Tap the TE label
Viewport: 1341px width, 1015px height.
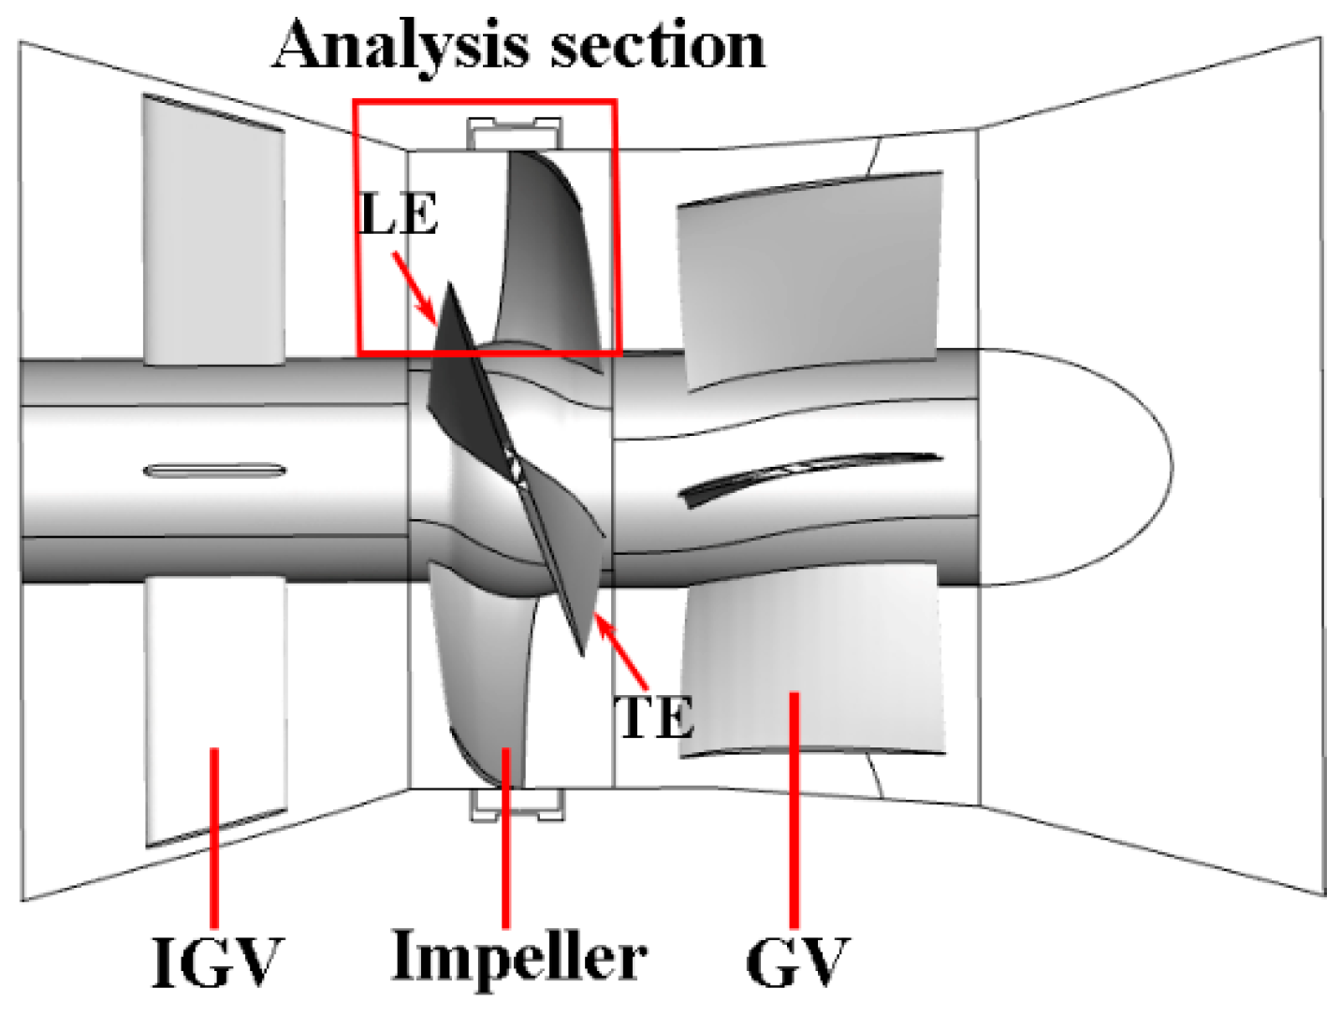[x=654, y=718]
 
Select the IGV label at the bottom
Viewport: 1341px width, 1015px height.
[x=216, y=961]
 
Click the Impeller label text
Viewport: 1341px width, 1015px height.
[x=518, y=957]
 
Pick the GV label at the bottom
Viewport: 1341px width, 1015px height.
[x=796, y=961]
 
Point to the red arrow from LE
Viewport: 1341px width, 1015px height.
[x=414, y=287]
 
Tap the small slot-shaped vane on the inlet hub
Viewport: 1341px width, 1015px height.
[x=214, y=470]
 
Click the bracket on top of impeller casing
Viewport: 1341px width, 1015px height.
[x=516, y=134]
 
